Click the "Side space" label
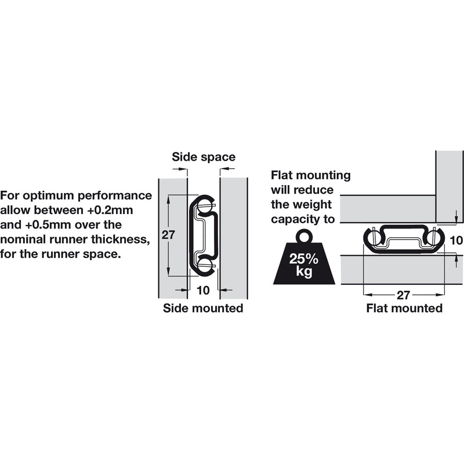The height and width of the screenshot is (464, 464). tap(204, 157)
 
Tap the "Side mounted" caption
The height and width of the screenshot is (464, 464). tap(202, 308)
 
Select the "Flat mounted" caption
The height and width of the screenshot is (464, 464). tap(404, 308)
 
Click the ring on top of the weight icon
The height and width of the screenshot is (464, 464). tap(304, 237)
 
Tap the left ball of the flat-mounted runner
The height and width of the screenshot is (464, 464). tap(373, 237)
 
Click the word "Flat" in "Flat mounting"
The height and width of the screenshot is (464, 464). tap(284, 175)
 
